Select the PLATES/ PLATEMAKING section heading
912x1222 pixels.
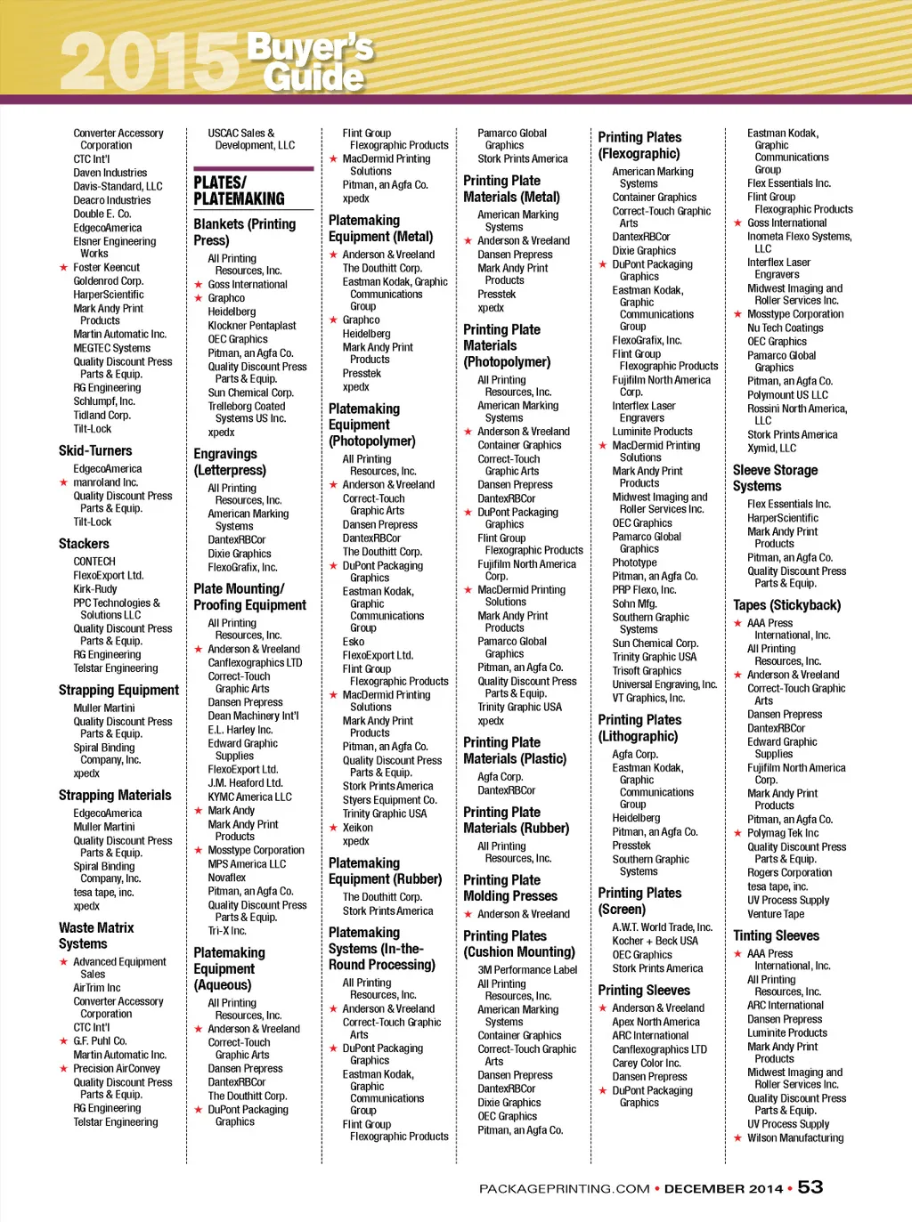(239, 190)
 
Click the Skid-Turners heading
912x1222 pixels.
(95, 450)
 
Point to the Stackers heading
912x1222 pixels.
(84, 543)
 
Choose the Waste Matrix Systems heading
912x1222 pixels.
(96, 935)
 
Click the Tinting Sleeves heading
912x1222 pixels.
(776, 935)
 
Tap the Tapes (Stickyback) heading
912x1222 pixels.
(786, 605)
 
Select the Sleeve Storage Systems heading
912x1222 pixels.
(775, 478)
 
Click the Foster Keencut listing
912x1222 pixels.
(106, 267)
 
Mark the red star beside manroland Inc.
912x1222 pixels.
(63, 482)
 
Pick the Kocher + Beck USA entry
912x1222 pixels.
(655, 941)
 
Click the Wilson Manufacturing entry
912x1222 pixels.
(795, 1137)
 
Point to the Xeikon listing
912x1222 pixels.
(358, 827)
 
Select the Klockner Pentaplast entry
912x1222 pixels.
(252, 326)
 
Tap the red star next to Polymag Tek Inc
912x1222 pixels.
(737, 834)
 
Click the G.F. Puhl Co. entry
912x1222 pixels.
(100, 1040)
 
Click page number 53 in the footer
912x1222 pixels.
(810, 1186)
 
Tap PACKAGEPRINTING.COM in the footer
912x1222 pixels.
(564, 1188)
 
